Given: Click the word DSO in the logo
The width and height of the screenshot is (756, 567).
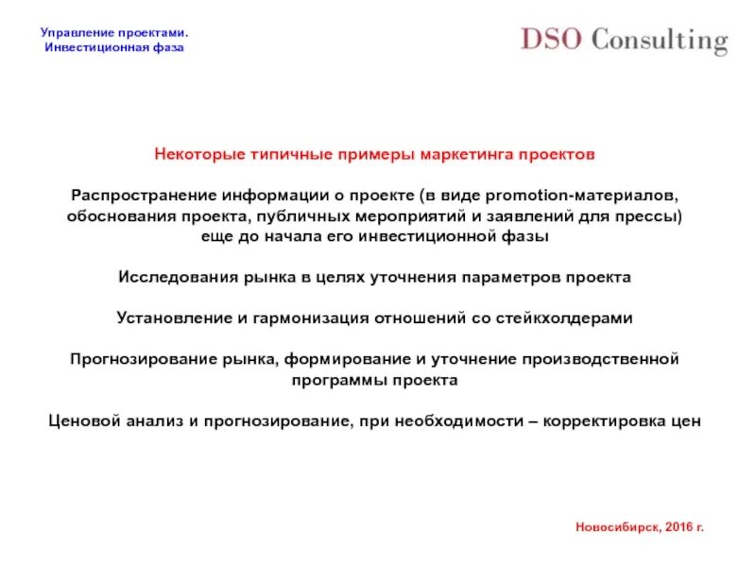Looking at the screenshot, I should click(x=550, y=40).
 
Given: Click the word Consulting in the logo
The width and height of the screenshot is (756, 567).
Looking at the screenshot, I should click(x=660, y=42).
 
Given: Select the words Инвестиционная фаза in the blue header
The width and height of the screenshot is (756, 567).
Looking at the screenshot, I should click(x=114, y=47).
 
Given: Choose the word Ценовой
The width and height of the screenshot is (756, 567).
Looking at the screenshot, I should click(x=81, y=421).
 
